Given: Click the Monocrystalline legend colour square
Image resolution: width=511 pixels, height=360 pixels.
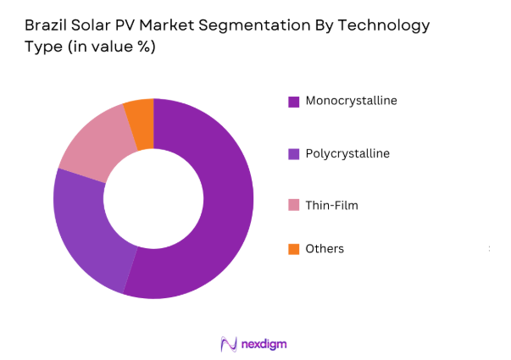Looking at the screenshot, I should coord(293,102).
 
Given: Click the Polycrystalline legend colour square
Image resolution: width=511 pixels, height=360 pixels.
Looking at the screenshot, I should coord(293,154).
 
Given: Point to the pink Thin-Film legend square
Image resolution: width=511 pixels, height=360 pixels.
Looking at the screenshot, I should coord(293,205).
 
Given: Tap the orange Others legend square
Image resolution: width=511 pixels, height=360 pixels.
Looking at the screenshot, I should coord(293,249).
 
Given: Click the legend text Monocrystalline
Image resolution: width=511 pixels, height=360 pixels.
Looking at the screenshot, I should coord(351,101).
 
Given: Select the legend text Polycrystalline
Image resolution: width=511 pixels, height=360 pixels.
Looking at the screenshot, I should coord(348,154).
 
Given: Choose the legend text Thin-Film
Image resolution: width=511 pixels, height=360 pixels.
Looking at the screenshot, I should coord(329,205).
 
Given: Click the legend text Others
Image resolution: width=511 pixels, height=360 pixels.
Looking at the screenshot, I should coord(325,249).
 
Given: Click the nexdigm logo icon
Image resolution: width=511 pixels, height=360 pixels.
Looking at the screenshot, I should coord(228,343).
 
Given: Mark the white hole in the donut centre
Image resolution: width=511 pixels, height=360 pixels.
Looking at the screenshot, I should coord(153,198).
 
